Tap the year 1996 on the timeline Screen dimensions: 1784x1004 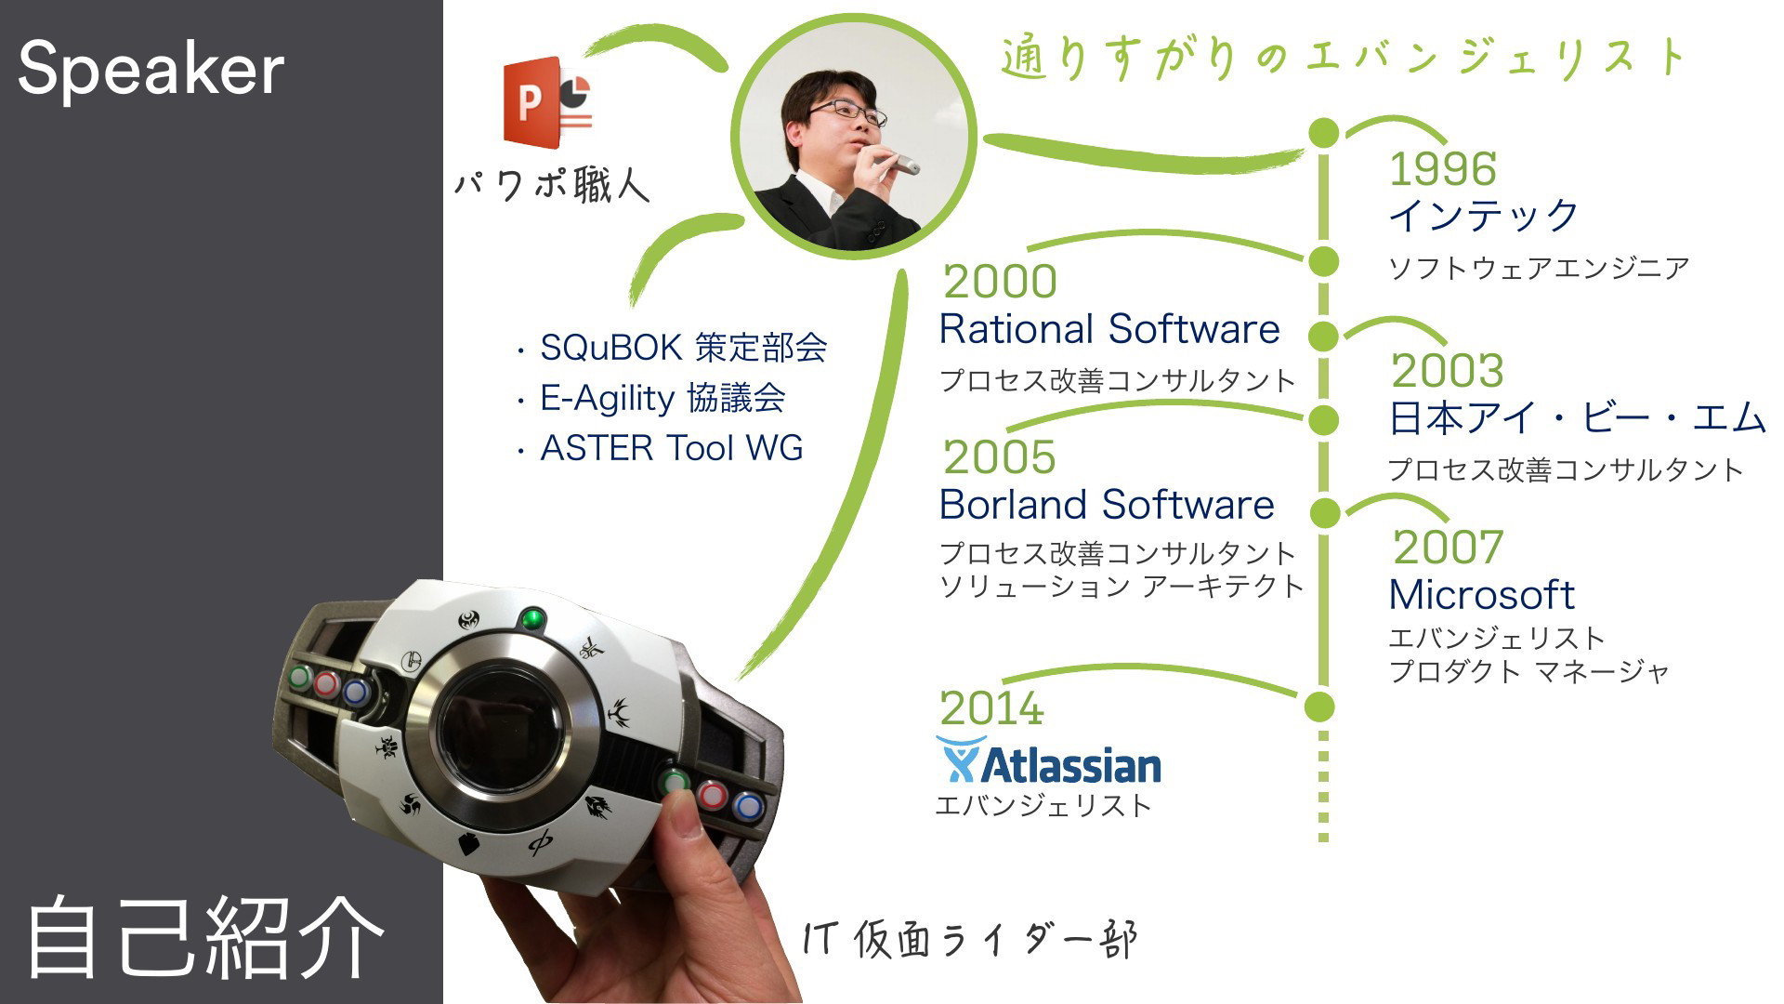pos(1442,169)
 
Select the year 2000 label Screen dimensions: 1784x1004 pos(1000,281)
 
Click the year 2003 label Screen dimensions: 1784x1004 pos(1447,370)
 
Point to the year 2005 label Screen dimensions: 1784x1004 pos(1000,456)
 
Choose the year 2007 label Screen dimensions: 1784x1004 pos(1448,547)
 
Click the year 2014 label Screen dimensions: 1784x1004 pos(991,708)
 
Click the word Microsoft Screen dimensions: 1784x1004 pos(1482,595)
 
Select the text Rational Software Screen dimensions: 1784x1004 pos(1109,329)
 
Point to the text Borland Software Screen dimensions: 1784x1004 pos(1107,505)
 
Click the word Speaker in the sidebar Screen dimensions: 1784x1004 pos(151,69)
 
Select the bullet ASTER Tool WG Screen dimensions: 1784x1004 pos(661,448)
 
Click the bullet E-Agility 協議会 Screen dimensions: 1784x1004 pos(651,398)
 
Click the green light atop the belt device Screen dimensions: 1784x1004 pos(532,618)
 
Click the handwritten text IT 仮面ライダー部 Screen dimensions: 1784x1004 pos(970,940)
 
